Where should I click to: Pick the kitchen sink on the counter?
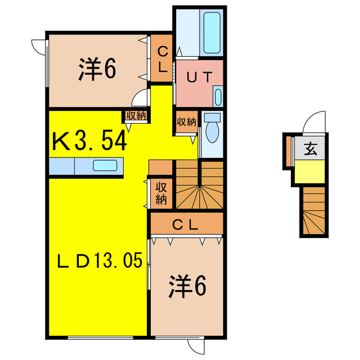click(x=105, y=166)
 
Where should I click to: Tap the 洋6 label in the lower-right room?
click(x=187, y=287)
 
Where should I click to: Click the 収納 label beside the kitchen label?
click(x=136, y=116)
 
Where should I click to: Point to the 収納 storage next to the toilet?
click(x=187, y=121)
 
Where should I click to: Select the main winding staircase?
click(x=200, y=186)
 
